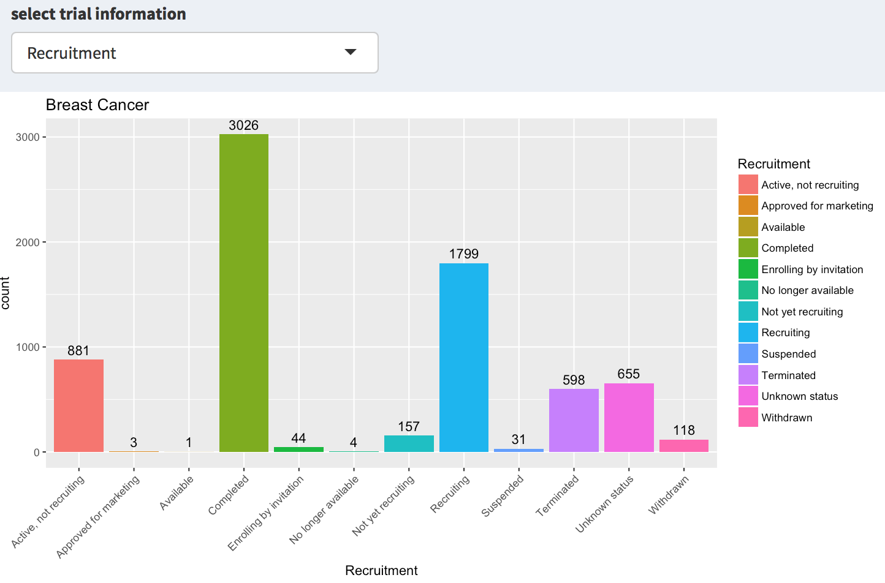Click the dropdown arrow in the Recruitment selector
(351, 52)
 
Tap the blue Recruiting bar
(464, 358)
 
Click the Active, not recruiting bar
(78, 405)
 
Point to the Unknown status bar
(629, 418)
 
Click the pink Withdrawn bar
(684, 446)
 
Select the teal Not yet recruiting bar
(409, 443)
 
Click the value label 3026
(244, 126)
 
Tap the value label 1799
(464, 254)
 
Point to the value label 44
(298, 438)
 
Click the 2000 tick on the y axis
(28, 243)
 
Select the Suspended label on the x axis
(503, 496)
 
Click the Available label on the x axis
(177, 492)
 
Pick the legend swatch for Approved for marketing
(748, 206)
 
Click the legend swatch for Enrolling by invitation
(748, 269)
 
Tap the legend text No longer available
(807, 290)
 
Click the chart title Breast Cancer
(97, 105)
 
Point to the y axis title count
(6, 293)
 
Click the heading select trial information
(99, 13)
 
